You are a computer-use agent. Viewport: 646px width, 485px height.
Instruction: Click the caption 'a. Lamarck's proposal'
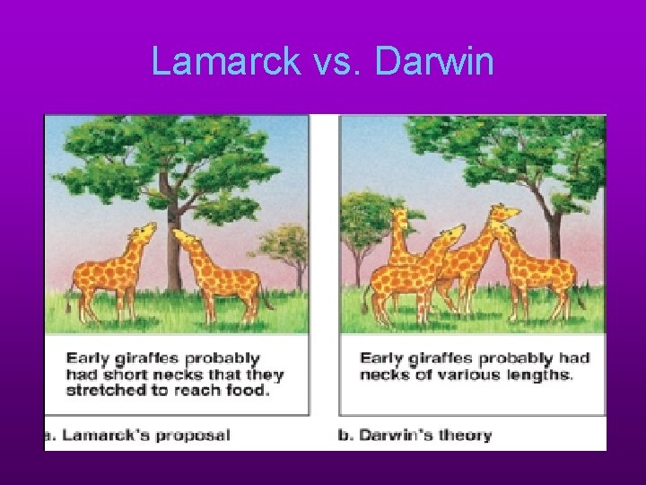click(x=139, y=436)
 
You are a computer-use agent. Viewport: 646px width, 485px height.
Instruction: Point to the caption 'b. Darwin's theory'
click(x=415, y=436)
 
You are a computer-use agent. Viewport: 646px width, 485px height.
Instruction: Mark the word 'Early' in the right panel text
click(x=381, y=358)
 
